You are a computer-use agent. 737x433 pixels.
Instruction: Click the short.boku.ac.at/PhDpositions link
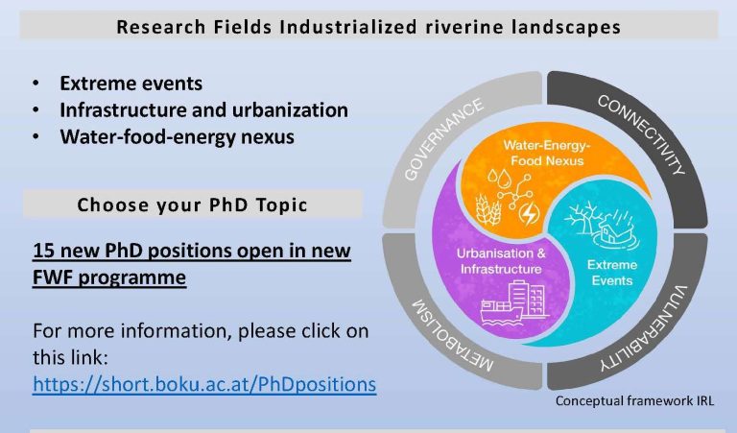point(204,384)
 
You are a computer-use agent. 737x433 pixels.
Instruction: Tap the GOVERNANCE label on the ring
point(443,138)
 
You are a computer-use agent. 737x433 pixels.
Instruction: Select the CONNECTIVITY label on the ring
point(642,134)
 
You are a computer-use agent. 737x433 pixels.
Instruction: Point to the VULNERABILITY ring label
point(644,329)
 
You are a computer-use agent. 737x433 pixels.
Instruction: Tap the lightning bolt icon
point(530,213)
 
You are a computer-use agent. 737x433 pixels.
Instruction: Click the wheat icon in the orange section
point(487,209)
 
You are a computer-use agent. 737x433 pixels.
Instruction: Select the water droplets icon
point(499,179)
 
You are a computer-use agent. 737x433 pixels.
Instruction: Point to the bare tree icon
point(580,217)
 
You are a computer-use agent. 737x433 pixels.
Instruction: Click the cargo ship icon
point(501,312)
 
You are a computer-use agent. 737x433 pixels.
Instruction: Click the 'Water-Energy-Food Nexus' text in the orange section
point(547,153)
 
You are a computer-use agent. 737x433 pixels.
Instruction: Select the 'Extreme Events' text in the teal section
point(612,273)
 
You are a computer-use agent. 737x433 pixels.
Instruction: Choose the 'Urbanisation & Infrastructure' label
point(501,261)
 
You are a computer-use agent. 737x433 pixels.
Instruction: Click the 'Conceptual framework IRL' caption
point(634,401)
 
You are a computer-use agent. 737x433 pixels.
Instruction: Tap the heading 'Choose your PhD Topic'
point(192,205)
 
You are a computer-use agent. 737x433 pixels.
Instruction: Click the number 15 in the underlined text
point(44,251)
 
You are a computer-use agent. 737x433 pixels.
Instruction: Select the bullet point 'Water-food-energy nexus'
point(177,136)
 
